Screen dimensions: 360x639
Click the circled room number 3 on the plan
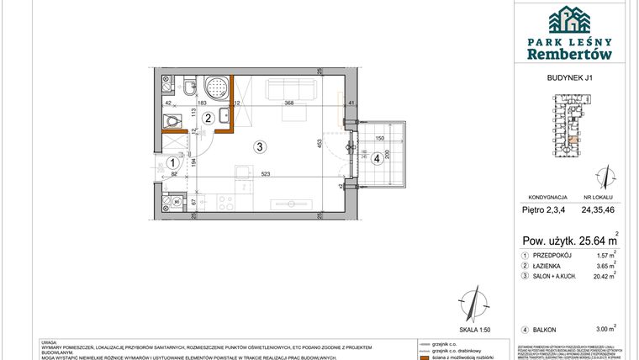[261, 146]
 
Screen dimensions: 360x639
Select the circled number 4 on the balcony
[377, 156]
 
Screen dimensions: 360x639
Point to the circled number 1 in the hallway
[171, 163]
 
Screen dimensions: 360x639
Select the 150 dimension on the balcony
[379, 138]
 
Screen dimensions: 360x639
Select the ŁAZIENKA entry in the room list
[549, 264]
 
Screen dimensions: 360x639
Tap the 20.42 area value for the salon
[594, 274]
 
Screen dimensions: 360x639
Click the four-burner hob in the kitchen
[226, 201]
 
